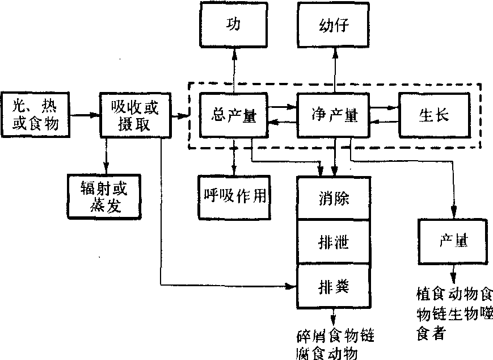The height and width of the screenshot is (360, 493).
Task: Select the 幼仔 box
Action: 335,26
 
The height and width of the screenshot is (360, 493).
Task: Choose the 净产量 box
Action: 334,116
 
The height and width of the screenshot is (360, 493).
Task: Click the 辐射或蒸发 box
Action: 102,197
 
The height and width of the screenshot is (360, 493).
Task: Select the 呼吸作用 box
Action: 234,196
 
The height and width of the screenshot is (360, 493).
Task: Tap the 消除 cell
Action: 334,198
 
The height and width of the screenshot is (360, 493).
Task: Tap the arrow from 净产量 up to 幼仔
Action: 335,71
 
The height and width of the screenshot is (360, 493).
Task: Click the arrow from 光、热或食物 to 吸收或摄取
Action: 85,116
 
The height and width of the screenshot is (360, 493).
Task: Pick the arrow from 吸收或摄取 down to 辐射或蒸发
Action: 106,156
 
